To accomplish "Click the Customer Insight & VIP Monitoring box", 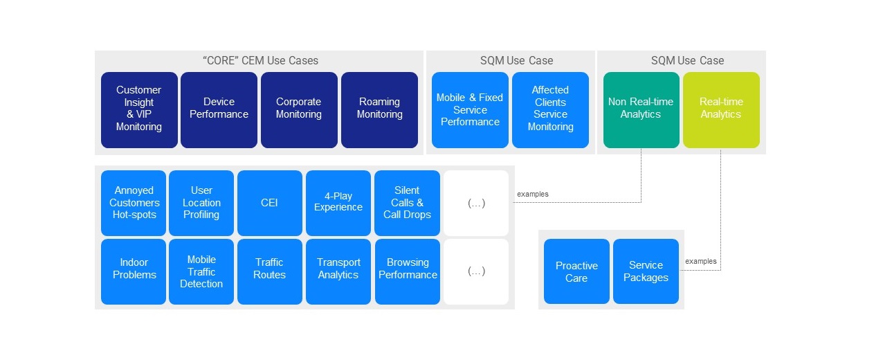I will point(139,109).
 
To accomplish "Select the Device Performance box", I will point(219,109).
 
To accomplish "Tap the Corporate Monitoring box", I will point(299,109).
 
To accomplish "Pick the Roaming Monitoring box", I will point(379,109).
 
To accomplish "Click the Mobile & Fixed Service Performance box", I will point(470,109).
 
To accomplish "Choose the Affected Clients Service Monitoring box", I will point(550,109).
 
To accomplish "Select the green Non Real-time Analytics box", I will point(641,109).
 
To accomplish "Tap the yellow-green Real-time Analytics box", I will point(721,109).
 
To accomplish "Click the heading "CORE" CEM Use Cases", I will point(260,60).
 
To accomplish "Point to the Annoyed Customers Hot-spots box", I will point(134,203).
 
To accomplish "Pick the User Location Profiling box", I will point(201,203).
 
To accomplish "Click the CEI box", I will point(269,203).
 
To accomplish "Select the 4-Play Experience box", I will point(338,203).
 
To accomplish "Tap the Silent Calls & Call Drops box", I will point(407,203).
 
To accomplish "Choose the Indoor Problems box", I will point(134,271).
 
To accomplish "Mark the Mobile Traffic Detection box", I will point(201,271).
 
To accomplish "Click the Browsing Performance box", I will point(407,271).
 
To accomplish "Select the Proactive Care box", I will point(576,271).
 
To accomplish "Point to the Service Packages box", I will point(646,271).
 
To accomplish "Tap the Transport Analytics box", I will point(338,271).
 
